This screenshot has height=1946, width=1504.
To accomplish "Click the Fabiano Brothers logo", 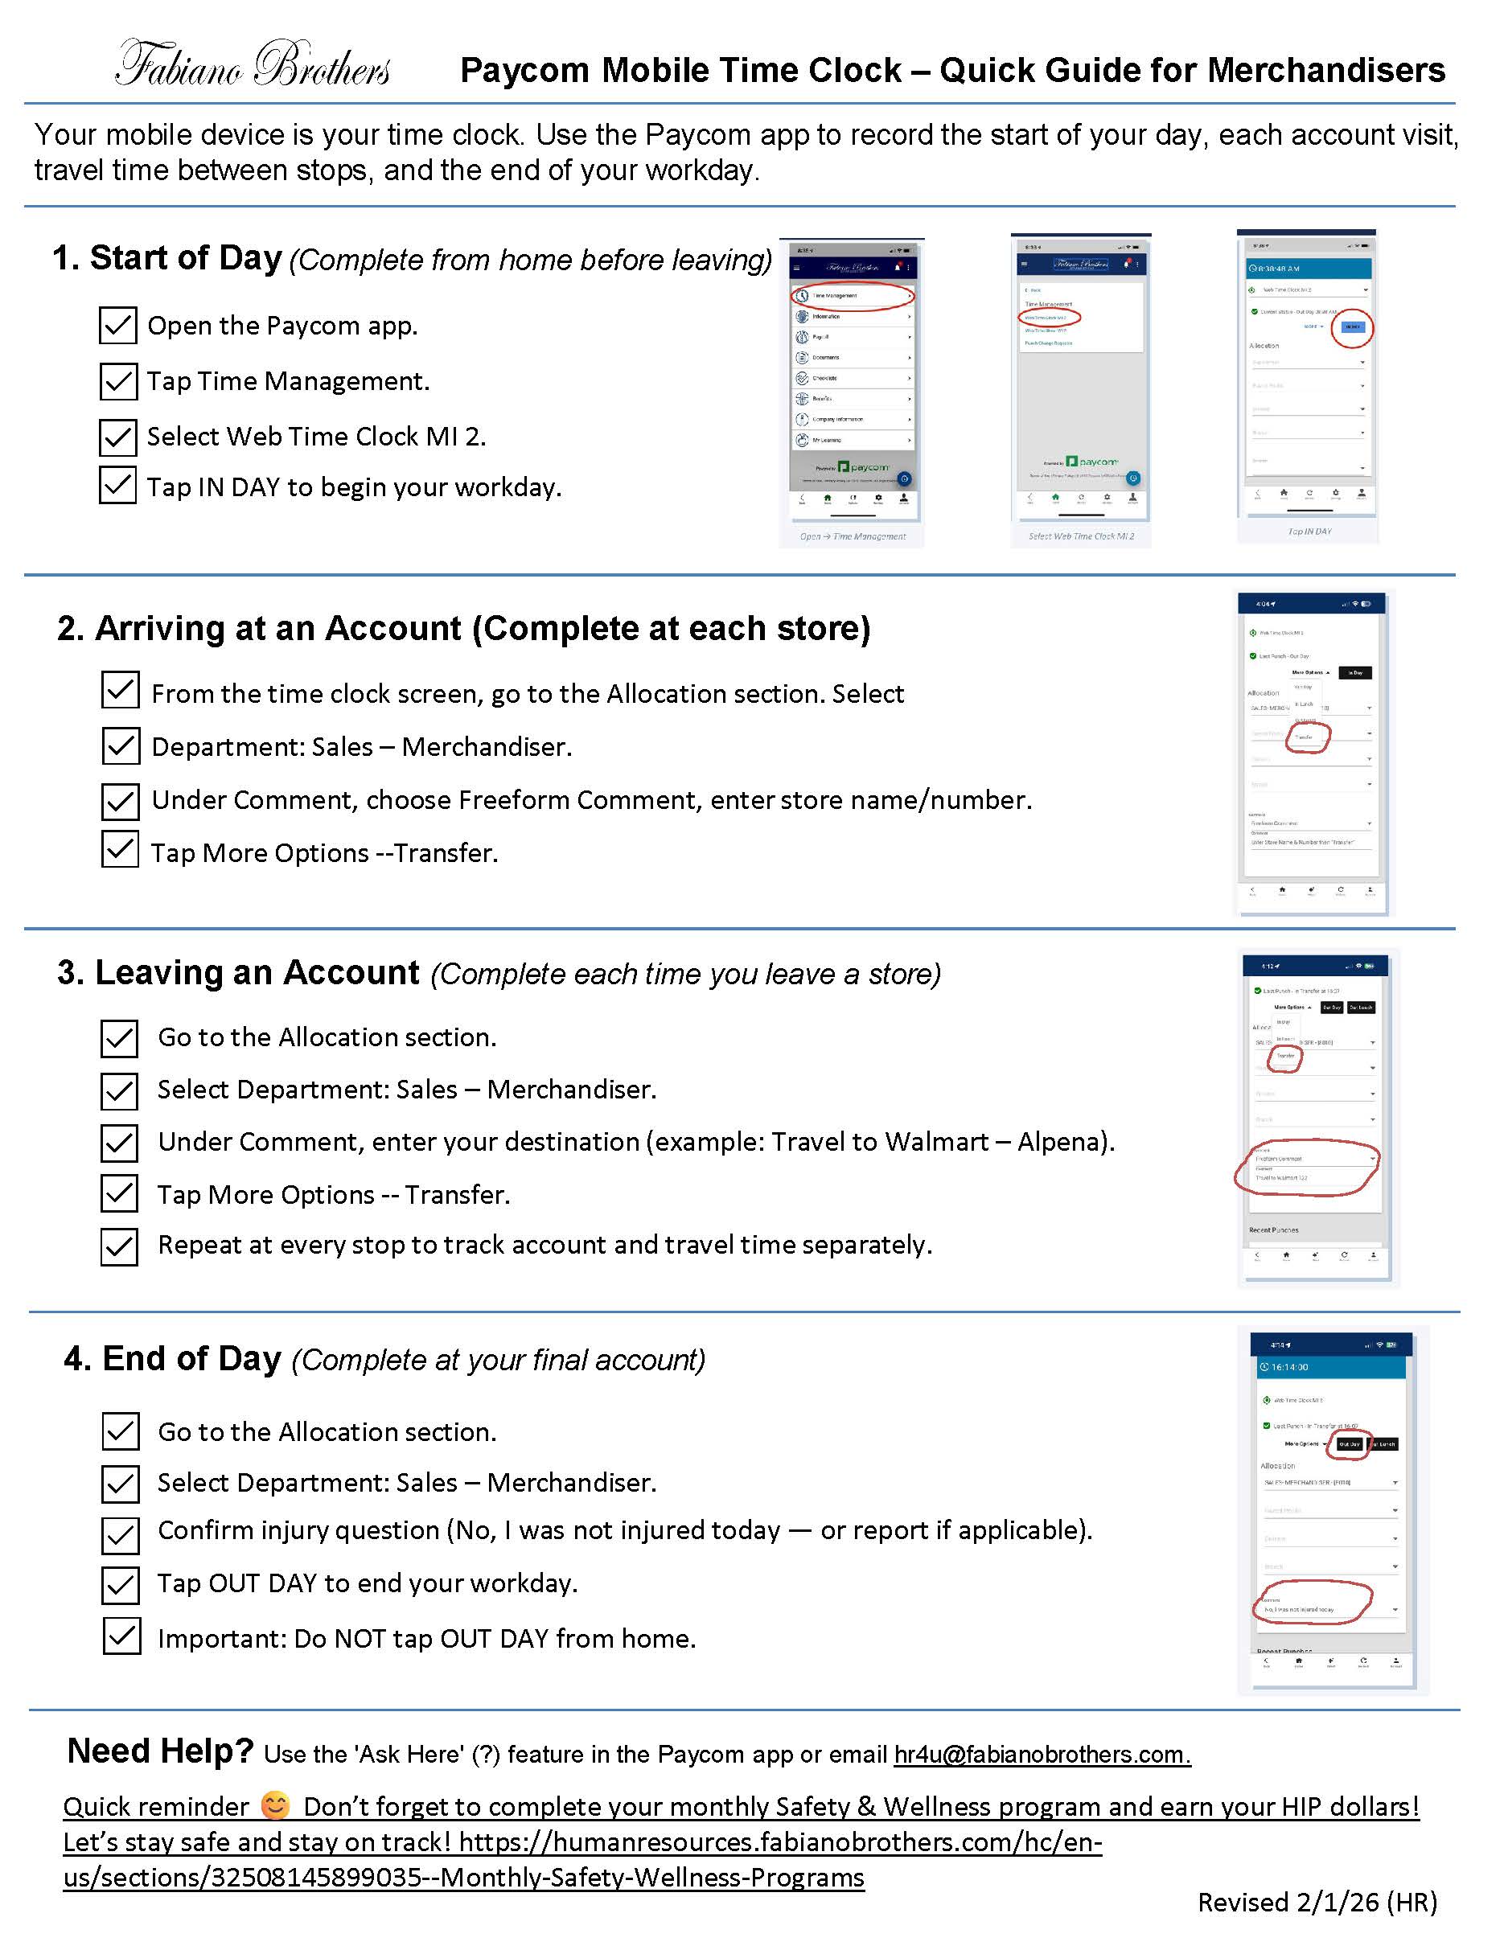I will pos(253,64).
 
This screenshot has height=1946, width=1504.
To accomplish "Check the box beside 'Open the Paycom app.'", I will pos(117,325).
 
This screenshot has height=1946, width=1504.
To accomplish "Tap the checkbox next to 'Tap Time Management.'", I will pos(117,380).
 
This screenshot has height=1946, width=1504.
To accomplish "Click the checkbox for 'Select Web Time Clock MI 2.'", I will pos(117,437).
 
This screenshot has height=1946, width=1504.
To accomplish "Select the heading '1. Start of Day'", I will pos(166,257).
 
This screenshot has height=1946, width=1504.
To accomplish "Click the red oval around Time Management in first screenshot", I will pos(853,296).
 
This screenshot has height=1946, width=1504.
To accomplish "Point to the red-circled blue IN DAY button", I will pos(1353,327).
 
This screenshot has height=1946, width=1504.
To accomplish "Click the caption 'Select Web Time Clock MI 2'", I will pos(1081,536).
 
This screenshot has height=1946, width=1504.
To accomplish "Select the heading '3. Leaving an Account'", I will pos(239,973).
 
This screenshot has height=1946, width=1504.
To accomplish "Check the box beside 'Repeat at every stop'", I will pos(119,1246).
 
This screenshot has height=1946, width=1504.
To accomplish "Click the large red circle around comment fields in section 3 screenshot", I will pos(1307,1168).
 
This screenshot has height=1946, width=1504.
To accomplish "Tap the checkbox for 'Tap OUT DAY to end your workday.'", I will pos(121,1583).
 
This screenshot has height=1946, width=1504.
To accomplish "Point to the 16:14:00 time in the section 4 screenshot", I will pos(1289,1368).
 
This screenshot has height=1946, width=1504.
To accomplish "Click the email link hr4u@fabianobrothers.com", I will pos(1042,1755).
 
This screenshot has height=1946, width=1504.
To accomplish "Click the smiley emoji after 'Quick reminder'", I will pos(275,1805).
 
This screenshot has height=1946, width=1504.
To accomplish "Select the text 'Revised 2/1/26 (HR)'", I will pos(1317,1903).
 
